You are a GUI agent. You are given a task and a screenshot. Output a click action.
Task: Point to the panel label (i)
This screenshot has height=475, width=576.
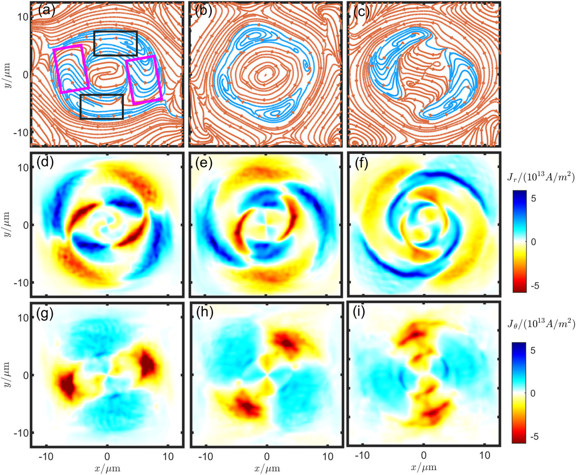(x=362, y=314)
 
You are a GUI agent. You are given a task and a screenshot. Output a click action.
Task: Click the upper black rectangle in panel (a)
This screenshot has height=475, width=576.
(x=115, y=43)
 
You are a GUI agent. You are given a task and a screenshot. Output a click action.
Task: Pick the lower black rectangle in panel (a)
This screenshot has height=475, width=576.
(x=102, y=107)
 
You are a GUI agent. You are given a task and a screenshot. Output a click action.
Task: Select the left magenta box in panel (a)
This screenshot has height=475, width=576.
(x=71, y=69)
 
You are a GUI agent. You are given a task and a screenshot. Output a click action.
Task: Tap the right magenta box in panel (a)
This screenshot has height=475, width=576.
(x=144, y=79)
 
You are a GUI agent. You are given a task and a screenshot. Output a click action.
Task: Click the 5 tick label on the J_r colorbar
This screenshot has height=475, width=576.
(x=534, y=198)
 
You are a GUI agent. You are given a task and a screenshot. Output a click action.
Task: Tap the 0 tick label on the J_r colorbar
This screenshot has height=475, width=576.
(x=534, y=242)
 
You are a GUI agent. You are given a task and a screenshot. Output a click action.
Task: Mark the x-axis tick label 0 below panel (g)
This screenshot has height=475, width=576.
(x=107, y=456)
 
